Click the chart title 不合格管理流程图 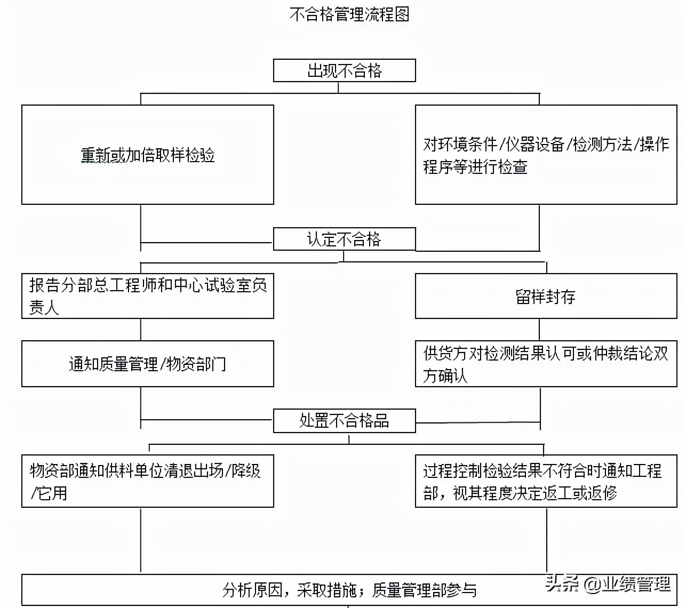349,14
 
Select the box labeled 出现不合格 344,70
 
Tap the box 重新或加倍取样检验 147,155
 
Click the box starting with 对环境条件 546,155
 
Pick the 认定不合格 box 344,239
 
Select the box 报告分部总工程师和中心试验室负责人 147,296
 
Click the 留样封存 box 546,296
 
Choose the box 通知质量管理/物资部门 147,364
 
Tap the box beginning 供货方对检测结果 546,364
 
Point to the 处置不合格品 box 344,421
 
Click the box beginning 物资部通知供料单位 147,481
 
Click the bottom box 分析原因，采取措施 349,590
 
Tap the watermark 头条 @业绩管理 608,584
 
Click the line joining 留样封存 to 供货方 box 539,330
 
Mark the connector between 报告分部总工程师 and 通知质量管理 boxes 141,330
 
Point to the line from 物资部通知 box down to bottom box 141,540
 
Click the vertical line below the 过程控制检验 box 546,540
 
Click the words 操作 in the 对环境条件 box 654,144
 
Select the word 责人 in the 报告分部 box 44,308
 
